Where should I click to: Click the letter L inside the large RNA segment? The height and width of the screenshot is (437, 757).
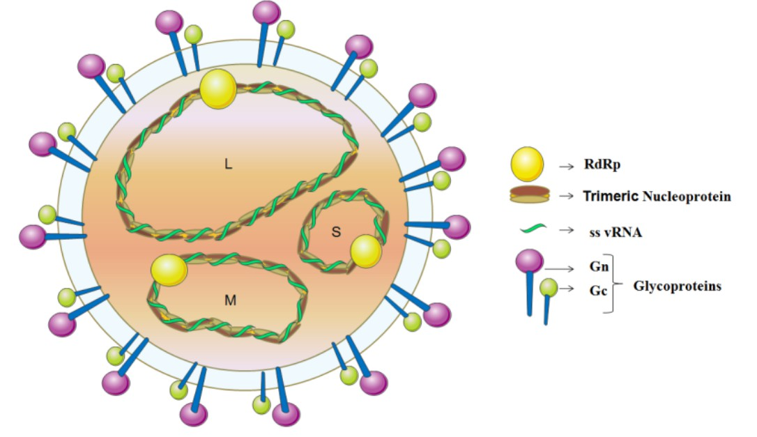[229, 164]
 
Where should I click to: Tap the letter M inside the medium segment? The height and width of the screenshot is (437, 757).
[230, 300]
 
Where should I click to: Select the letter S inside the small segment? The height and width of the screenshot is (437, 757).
[336, 232]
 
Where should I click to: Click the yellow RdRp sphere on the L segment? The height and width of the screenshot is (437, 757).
[218, 89]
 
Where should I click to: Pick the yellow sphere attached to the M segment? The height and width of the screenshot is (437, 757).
[169, 270]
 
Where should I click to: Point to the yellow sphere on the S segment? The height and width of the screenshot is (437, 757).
[366, 251]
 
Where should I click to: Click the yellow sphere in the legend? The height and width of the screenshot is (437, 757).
[527, 164]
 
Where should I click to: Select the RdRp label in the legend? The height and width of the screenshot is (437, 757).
[602, 164]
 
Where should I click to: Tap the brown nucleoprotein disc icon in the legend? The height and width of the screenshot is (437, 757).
[530, 194]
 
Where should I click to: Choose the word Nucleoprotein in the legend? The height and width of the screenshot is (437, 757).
[686, 196]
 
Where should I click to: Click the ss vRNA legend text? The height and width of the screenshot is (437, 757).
[615, 232]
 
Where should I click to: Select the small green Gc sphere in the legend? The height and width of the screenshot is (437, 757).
[549, 288]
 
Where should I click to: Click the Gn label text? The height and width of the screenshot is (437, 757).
[599, 266]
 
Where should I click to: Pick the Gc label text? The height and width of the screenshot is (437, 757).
[598, 291]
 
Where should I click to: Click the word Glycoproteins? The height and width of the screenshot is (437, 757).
[678, 286]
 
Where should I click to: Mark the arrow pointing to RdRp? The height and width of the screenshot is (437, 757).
[566, 167]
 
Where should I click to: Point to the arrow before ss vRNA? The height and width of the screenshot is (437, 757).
[566, 230]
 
